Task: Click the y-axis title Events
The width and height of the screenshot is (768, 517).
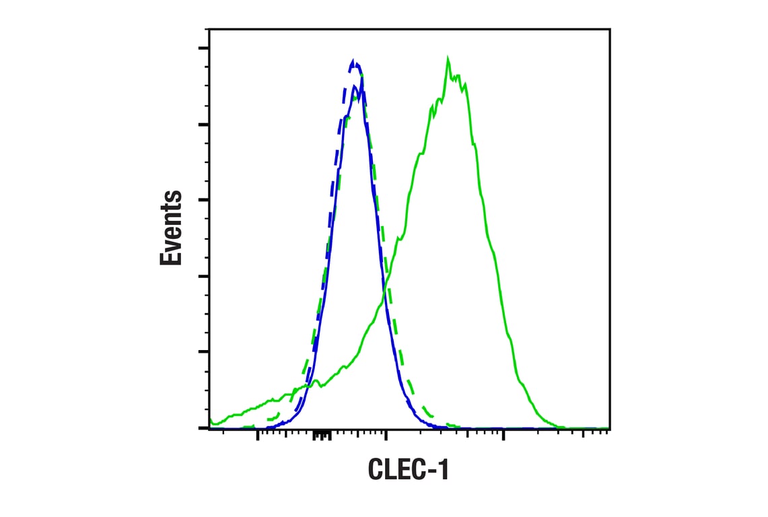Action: point(172,228)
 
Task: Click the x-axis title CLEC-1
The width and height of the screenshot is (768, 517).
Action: point(408,470)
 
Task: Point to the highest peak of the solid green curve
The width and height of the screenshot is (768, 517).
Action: point(448,59)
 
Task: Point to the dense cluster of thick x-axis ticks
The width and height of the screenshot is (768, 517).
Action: point(322,436)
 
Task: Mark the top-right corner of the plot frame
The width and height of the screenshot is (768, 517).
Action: point(610,29)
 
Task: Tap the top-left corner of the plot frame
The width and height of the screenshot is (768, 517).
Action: point(209,29)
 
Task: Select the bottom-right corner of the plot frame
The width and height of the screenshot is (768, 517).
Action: point(610,428)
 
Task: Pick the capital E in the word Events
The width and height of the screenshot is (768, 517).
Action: point(172,256)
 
